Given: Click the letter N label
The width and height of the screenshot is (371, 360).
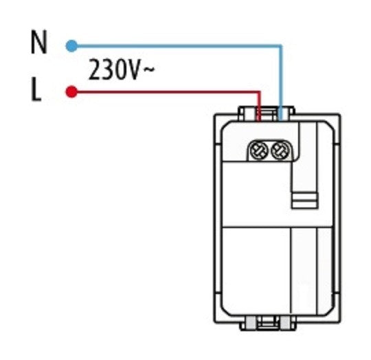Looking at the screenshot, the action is [39, 43].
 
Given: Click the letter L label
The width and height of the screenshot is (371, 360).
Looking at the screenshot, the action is [36, 89].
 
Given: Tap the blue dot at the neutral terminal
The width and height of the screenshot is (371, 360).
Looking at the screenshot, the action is [71, 46].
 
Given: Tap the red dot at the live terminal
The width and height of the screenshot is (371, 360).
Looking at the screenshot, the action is [71, 91].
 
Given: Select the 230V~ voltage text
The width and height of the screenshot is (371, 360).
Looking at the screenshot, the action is [122, 69].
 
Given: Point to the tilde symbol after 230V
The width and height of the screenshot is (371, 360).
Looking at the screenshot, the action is [150, 69].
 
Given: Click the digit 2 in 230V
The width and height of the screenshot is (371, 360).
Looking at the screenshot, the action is [95, 69].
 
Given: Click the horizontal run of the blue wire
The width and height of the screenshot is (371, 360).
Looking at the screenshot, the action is [177, 46].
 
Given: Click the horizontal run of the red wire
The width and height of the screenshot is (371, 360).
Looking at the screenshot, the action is [166, 92].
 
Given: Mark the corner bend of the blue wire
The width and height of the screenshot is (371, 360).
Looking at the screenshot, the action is [281, 46].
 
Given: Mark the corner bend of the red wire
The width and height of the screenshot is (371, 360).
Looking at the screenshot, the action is [259, 92].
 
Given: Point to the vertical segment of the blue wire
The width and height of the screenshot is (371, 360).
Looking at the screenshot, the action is [281, 82].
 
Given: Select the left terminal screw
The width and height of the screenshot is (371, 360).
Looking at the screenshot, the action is [259, 150].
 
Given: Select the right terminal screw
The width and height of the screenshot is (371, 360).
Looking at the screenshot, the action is [280, 150].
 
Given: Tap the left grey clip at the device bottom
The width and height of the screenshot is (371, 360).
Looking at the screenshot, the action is [251, 323].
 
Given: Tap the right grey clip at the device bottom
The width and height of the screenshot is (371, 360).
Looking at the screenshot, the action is [286, 323].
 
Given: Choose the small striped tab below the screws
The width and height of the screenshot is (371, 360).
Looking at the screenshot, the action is [305, 201].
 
